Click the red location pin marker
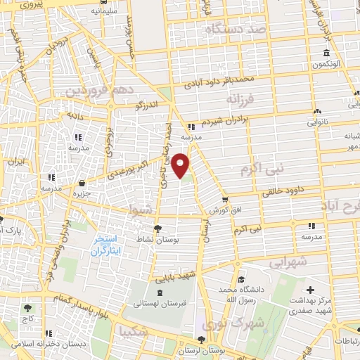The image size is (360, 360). (x=181, y=165)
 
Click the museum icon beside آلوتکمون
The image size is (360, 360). (x=326, y=54)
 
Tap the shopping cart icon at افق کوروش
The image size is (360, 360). (x=224, y=200)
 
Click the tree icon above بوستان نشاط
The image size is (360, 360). (x=157, y=228)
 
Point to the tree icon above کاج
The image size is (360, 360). (x=27, y=308)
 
